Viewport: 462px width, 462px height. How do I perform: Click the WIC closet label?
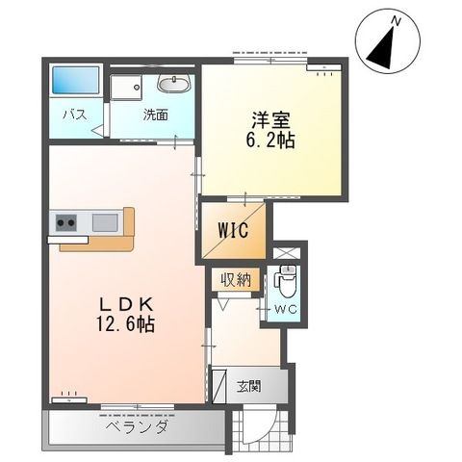point(233,231)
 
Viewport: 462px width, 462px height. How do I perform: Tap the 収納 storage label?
point(236,280)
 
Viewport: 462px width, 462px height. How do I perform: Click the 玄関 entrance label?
point(248,387)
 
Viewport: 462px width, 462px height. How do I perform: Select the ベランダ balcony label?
point(137,426)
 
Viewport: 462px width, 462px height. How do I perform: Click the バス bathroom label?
point(75,115)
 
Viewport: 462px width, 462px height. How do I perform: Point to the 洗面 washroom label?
point(156,115)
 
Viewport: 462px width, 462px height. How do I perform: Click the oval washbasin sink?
point(173,85)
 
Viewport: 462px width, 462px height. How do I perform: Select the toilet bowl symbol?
point(286,284)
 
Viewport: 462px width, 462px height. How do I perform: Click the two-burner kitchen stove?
point(66,223)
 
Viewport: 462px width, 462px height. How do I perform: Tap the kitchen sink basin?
point(105,223)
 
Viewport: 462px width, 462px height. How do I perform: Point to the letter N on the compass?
point(395,18)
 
